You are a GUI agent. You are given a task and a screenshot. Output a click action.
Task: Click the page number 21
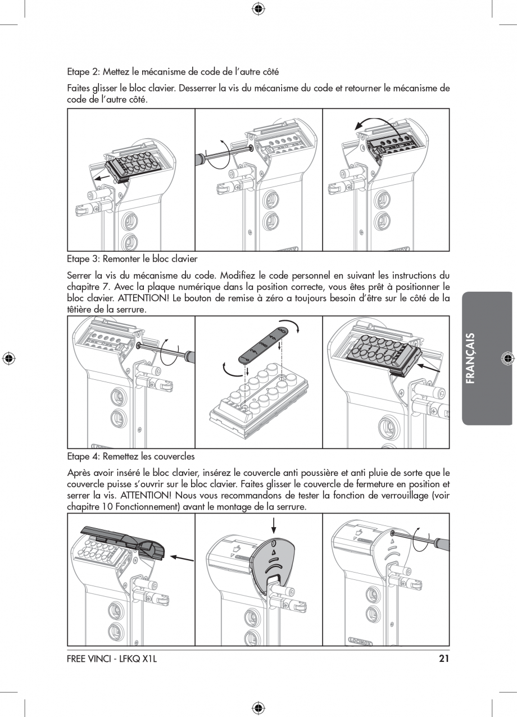coord(443,659)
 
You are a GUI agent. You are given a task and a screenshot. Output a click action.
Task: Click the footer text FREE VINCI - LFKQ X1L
coord(111,659)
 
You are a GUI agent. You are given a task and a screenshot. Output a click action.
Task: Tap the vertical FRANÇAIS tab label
coord(471,358)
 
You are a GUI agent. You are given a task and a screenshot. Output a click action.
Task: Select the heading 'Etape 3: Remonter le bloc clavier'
coord(132,259)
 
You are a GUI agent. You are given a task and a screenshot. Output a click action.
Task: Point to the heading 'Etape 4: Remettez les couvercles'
coord(130,456)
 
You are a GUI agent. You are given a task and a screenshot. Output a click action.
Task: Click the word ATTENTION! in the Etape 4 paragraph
coord(145,495)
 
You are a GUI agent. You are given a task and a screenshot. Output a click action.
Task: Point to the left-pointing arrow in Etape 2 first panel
coord(102,177)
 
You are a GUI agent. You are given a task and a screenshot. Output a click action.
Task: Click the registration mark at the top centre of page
coord(258,8)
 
